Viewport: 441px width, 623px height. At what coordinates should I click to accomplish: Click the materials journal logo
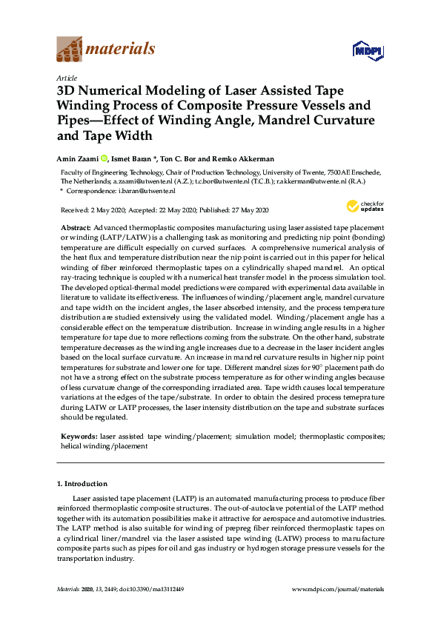coord(106,50)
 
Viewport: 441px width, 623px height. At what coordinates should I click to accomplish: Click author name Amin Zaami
coord(78,158)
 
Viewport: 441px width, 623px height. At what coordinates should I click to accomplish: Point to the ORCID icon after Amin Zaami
coord(105,158)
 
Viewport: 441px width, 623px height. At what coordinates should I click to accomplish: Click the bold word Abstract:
coord(76,227)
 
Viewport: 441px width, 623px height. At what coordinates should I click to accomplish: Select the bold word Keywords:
coord(78,437)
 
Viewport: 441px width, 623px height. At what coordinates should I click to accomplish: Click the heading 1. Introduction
coord(82,484)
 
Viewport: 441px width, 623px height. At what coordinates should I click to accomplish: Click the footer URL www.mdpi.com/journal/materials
coord(339,589)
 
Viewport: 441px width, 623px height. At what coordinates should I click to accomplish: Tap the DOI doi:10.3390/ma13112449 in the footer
coord(149,589)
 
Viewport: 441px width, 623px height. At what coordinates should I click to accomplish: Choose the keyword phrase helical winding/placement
coord(104,446)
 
